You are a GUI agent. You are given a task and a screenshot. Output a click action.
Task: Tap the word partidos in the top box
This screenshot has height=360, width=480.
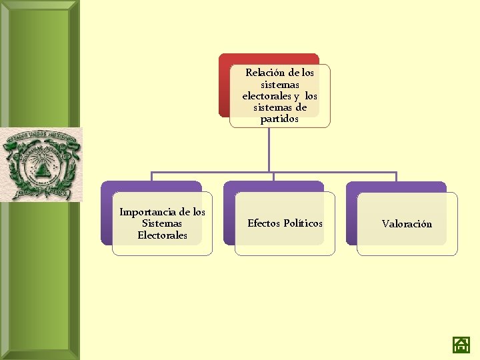tap(279, 119)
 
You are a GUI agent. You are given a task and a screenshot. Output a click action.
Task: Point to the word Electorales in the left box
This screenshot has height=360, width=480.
tap(162, 235)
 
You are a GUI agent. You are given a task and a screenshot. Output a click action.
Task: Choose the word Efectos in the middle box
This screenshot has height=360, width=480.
tap(263, 223)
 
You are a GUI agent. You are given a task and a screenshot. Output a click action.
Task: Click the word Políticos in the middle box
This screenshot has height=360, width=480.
tap(303, 223)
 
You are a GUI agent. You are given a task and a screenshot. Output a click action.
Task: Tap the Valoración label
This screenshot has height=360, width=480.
tap(407, 224)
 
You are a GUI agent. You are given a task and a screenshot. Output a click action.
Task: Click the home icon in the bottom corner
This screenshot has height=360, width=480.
tap(461, 345)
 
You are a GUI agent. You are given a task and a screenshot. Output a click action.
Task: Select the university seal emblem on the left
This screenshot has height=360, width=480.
tap(41, 164)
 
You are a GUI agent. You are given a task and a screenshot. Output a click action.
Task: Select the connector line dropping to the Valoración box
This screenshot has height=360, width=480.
tap(397, 176)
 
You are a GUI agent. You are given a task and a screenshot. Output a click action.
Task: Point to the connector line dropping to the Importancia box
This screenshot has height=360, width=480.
tap(151, 176)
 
